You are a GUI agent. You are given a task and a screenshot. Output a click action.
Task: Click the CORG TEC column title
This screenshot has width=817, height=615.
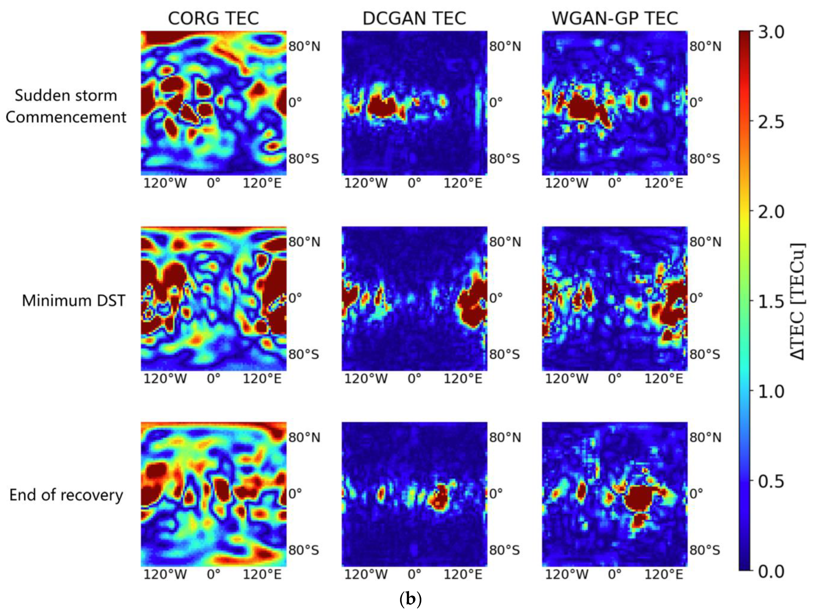coord(213,18)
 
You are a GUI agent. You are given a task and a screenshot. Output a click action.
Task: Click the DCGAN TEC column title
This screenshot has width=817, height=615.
coord(414,18)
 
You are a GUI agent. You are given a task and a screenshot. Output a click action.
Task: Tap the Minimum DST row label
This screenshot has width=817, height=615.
coord(74,300)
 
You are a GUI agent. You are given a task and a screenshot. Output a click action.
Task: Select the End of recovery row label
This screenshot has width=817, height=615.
coord(66,495)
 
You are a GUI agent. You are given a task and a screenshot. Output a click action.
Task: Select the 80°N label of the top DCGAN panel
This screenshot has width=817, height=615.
coord(505,47)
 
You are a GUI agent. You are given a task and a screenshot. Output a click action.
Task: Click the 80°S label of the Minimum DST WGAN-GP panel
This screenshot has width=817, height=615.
coord(705,354)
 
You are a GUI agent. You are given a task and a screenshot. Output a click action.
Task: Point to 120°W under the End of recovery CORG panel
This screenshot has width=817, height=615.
coord(165,575)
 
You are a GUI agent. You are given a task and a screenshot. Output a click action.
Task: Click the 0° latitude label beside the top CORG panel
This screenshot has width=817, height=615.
coord(295,102)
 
